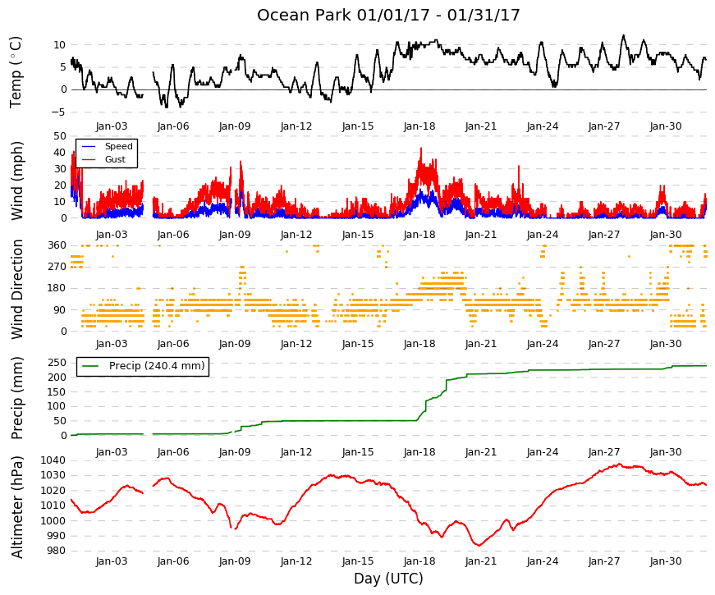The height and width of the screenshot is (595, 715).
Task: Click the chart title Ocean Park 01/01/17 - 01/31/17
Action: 388,15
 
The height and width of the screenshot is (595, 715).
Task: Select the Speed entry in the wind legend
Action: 118,146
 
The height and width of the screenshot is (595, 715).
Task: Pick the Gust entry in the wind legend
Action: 115,159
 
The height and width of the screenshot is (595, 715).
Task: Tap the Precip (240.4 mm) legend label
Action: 157,366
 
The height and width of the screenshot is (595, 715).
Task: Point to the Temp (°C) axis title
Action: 16,72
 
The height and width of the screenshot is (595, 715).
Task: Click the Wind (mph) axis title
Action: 16,181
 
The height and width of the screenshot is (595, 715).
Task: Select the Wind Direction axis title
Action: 16,290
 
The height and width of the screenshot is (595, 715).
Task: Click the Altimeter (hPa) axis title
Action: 16,507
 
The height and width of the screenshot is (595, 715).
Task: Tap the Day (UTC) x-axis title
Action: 388,579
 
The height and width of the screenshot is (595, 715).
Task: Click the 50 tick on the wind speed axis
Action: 60,136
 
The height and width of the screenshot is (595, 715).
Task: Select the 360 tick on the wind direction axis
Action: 57,245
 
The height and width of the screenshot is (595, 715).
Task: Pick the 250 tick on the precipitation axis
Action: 57,363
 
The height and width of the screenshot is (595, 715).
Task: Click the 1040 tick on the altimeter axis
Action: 53,460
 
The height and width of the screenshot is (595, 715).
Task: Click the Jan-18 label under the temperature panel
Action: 419,126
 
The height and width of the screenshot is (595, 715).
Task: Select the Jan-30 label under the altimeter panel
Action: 666,561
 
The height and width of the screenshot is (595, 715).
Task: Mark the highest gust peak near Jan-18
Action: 421,149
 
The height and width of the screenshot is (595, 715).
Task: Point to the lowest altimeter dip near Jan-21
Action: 479,545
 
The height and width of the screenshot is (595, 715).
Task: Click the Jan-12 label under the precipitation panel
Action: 296,452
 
